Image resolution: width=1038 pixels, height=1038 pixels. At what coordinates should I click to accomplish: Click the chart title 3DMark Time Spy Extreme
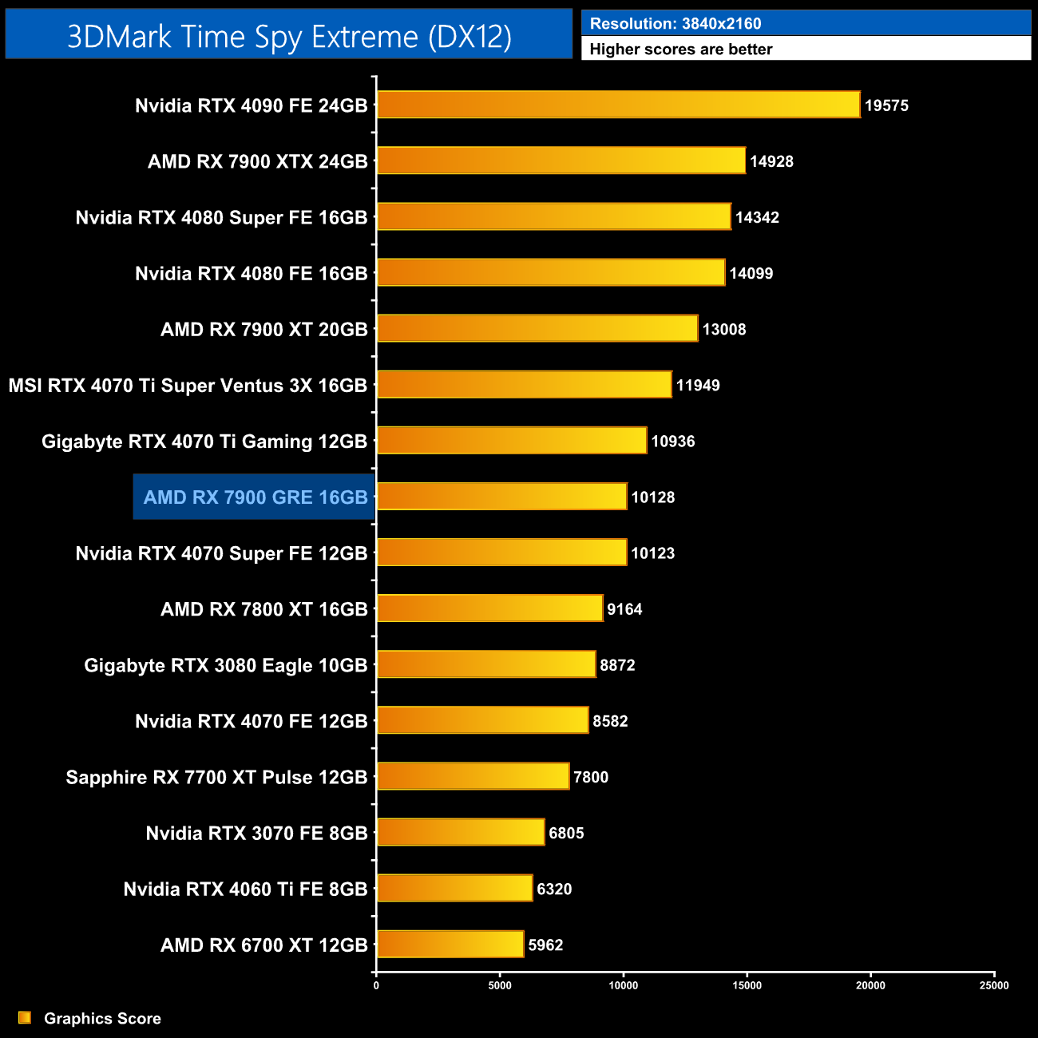[289, 37]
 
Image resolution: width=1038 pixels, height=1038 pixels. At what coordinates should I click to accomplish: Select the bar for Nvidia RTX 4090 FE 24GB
[618, 105]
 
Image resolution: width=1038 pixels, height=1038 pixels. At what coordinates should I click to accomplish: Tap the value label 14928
[771, 161]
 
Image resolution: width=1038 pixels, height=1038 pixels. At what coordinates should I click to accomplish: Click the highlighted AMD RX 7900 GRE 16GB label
[255, 497]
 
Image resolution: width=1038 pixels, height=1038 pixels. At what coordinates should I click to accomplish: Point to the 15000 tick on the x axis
[747, 985]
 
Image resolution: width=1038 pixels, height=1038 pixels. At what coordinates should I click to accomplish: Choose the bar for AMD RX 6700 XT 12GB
[450, 944]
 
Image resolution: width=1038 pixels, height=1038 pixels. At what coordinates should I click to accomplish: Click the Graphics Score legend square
[25, 1017]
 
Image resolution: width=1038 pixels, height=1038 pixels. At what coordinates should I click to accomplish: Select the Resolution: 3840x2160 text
[675, 23]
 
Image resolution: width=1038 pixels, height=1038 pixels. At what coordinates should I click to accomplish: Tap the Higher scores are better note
[681, 50]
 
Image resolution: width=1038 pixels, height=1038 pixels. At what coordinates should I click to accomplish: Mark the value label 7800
[591, 777]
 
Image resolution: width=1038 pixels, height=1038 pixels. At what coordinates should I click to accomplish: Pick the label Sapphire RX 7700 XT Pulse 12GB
[216, 777]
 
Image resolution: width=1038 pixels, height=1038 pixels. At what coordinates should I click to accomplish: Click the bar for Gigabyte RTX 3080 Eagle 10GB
[486, 664]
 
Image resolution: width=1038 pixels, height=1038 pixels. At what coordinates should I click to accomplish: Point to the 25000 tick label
[994, 985]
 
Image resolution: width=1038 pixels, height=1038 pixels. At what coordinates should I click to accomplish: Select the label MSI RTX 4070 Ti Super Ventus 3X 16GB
[188, 386]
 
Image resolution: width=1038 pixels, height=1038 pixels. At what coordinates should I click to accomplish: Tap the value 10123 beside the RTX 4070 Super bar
[652, 553]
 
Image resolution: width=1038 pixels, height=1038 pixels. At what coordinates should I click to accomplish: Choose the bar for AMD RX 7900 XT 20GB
[537, 328]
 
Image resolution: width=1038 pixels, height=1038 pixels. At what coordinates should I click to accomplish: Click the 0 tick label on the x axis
[376, 985]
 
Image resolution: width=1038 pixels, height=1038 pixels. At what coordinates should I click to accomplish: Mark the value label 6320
[554, 889]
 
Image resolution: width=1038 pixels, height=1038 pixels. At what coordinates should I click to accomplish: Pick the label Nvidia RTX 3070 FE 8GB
[256, 833]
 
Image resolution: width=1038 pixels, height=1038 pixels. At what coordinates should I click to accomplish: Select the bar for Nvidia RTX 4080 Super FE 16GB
[553, 216]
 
